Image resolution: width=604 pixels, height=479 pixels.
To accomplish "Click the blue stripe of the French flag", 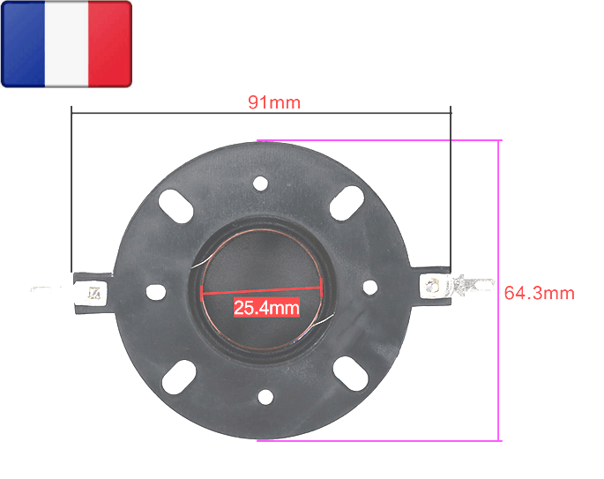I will [x=24, y=44].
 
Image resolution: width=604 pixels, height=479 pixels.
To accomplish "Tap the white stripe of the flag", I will [x=66, y=44].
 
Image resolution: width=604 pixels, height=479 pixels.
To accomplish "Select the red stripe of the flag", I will [x=109, y=44].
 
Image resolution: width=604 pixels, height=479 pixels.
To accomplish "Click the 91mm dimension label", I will [x=273, y=102].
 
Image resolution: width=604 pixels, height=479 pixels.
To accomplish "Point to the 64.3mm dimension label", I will [x=539, y=293].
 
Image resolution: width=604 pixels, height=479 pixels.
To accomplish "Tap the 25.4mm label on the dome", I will [x=265, y=308].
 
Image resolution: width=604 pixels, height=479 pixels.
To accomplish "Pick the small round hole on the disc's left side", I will [x=157, y=289].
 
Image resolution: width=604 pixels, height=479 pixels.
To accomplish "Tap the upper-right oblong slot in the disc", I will [x=346, y=203].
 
